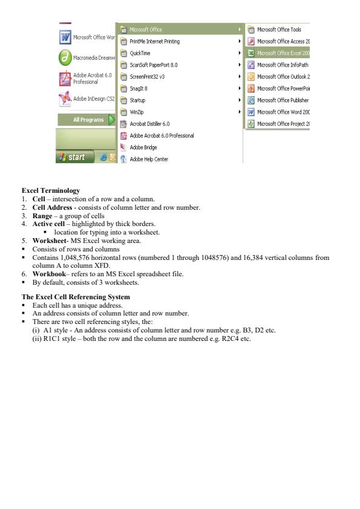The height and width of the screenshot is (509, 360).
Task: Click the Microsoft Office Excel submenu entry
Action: [x=283, y=53]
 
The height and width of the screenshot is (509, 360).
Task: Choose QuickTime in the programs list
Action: [x=141, y=53]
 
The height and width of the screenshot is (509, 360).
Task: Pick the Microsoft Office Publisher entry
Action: [x=283, y=100]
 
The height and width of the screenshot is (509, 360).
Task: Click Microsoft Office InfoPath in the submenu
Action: [x=283, y=65]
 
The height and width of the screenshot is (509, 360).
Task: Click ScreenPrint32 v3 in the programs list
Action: [x=148, y=77]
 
